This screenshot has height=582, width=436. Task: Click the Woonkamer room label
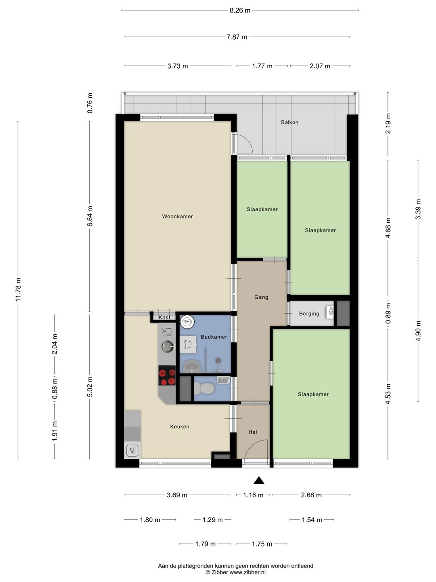click(x=177, y=217)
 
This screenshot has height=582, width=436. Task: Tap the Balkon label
click(x=289, y=122)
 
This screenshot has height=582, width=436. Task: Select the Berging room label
click(x=309, y=314)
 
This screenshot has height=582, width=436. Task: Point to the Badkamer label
click(x=214, y=337)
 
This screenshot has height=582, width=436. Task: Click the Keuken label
click(x=180, y=427)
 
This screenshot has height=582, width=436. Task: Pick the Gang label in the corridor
click(x=261, y=297)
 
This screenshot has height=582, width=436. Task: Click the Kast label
click(x=164, y=317)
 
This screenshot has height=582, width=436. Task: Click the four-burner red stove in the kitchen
click(x=167, y=375)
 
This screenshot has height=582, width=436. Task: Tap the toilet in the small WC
click(x=204, y=389)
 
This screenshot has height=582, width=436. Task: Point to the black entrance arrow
click(x=259, y=480)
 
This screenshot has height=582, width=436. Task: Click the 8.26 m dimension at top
click(x=240, y=11)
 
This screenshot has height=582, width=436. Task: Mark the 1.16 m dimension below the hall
click(x=254, y=495)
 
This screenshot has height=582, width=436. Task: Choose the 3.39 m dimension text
click(x=418, y=209)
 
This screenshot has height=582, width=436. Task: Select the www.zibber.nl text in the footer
click(x=247, y=572)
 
